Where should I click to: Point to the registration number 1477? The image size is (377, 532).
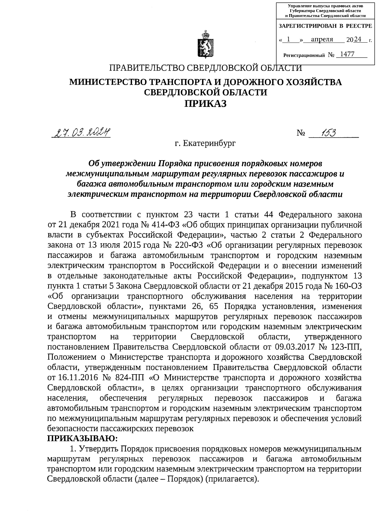pos(347,54)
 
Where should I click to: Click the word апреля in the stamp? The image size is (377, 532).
pos(322,40)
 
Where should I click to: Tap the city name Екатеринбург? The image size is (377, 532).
pos(205,144)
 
